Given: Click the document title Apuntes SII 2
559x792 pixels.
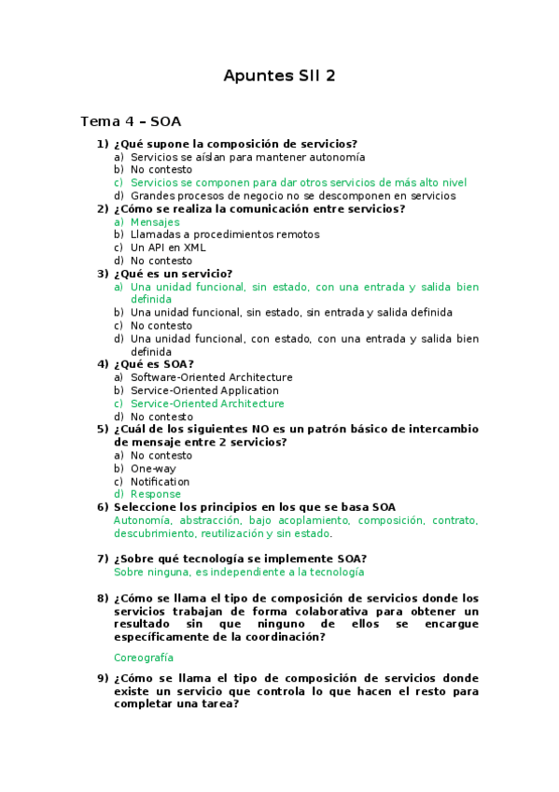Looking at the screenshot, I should (x=279, y=76).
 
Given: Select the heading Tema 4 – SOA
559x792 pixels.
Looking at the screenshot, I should (x=131, y=121).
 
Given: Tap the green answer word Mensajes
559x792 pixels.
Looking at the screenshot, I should (x=155, y=222).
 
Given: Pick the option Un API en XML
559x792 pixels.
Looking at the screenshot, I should (x=168, y=247).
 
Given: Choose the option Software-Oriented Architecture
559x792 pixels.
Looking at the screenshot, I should (x=211, y=377).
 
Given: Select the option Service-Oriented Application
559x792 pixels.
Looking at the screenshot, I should (x=204, y=390).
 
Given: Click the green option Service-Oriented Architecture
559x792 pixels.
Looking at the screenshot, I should (x=207, y=403).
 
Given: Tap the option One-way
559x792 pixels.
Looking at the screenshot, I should (x=153, y=469).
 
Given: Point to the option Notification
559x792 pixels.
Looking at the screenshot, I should (x=160, y=482).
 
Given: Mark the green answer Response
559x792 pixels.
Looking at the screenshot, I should (x=156, y=494).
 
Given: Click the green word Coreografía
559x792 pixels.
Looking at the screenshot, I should (x=144, y=658).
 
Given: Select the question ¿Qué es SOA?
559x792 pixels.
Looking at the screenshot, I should (x=153, y=364).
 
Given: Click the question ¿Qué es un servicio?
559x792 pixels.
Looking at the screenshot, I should (x=173, y=274).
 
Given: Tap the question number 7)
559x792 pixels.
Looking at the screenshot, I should (x=103, y=559).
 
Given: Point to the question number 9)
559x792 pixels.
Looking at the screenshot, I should (x=103, y=678).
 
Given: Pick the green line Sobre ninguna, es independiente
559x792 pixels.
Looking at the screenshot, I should (x=239, y=572).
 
